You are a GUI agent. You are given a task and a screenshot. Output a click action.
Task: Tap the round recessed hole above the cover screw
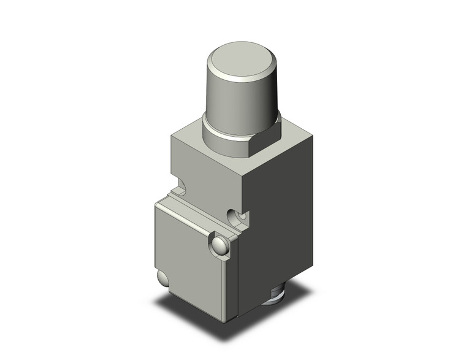point(236,216)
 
